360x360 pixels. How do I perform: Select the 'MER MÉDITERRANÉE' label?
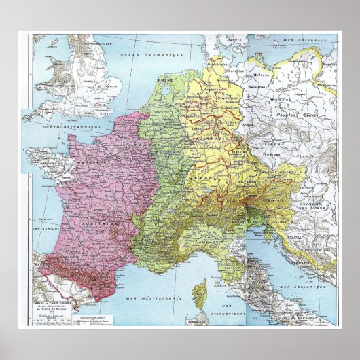click(x=145, y=298)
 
